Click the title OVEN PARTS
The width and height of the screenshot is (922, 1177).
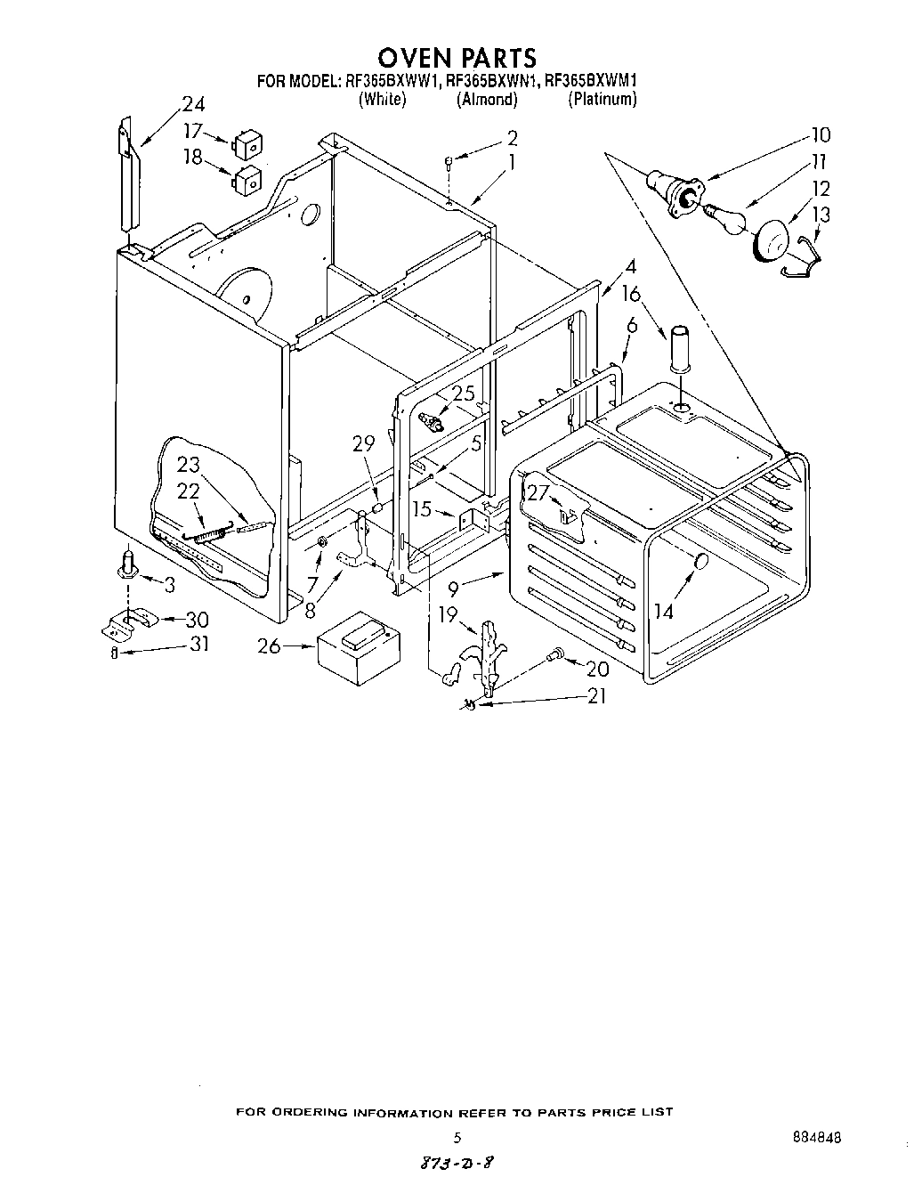[x=458, y=58]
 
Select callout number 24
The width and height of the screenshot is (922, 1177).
[x=192, y=101]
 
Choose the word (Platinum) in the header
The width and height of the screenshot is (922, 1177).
[x=603, y=100]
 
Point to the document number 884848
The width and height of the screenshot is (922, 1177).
[x=815, y=1138]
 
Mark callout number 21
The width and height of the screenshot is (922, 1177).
[x=595, y=696]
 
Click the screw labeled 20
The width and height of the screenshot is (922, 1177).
[x=555, y=655]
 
